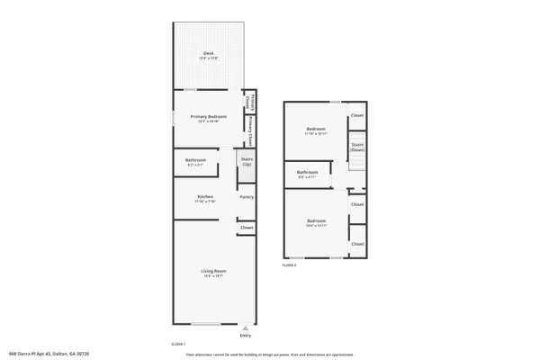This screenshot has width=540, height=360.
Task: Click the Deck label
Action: point(209,54)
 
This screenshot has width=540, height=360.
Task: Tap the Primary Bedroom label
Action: point(208,116)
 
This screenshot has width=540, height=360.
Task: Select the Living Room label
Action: point(212,271)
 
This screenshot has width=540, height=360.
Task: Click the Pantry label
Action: point(247,196)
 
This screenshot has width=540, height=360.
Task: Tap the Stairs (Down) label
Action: point(357,146)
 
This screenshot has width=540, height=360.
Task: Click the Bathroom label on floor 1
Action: point(195,160)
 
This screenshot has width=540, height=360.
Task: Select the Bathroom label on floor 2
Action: point(308,172)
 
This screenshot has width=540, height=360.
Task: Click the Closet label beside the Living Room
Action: point(247,228)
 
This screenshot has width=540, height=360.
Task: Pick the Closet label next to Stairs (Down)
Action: point(357,115)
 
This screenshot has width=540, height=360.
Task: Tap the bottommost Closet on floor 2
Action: point(357,243)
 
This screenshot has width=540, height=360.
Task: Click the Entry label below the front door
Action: point(246,337)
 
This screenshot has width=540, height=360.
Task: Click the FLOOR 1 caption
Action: point(178,345)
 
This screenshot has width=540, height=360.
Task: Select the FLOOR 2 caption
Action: point(289,265)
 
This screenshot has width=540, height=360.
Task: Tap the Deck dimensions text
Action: point(209,59)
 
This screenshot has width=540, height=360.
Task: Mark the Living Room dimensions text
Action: point(212,276)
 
